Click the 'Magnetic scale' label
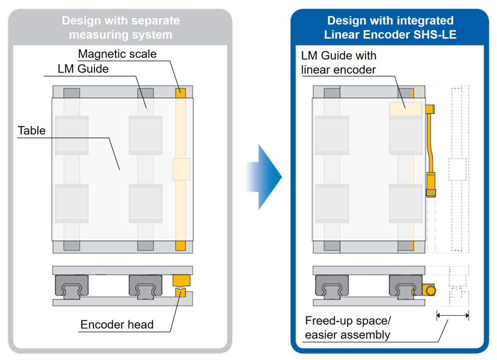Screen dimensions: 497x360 click(117, 54)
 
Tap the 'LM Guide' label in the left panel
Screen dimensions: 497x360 click(83, 69)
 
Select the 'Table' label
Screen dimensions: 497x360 click(31, 130)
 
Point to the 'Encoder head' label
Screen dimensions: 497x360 click(117, 324)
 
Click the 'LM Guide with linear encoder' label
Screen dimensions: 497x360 click(339, 63)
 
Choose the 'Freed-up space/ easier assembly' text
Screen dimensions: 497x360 click(348, 328)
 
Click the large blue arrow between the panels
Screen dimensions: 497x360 click(264, 177)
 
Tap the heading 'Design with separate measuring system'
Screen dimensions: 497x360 click(121, 27)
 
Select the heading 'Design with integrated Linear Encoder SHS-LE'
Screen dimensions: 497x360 click(390, 27)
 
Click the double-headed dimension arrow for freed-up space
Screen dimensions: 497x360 click(453, 315)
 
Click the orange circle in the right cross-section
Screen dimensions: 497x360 click(431, 290)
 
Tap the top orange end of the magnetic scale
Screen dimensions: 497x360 click(180, 93)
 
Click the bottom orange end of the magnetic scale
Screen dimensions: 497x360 click(180, 245)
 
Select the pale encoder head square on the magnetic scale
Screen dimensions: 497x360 click(181, 169)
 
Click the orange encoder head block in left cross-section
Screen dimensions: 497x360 click(181, 280)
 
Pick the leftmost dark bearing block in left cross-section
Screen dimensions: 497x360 click(72, 287)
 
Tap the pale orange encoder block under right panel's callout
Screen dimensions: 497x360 click(406, 109)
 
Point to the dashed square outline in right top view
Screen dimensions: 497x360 click(457, 169)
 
